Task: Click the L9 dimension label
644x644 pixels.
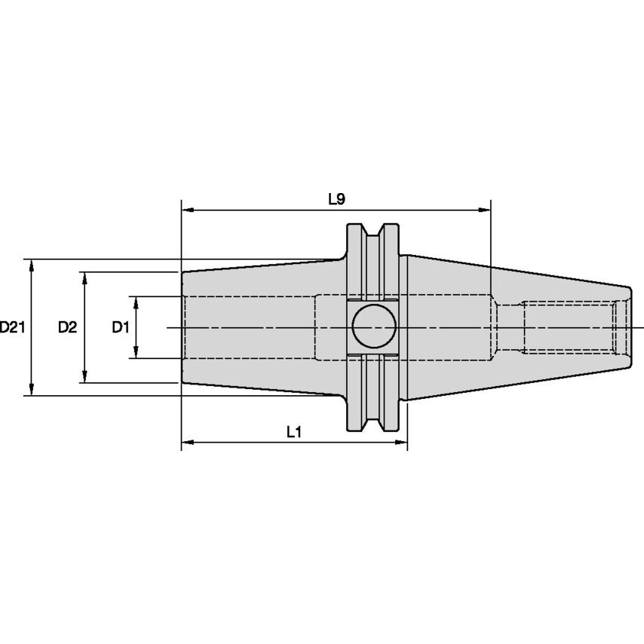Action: pos(336,199)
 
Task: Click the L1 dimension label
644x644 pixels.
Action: pos(294,432)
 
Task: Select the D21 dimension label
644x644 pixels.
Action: pos(13,327)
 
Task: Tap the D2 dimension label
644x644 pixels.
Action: pos(68,327)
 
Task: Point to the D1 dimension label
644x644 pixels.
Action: pos(121,327)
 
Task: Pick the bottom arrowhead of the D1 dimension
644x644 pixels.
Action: pos(136,354)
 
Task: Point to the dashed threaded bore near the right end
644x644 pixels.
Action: pos(569,327)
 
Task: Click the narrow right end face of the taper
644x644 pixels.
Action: pos(630,327)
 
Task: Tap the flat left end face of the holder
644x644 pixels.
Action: pos(182,327)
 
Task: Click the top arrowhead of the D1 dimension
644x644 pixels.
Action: pos(136,301)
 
